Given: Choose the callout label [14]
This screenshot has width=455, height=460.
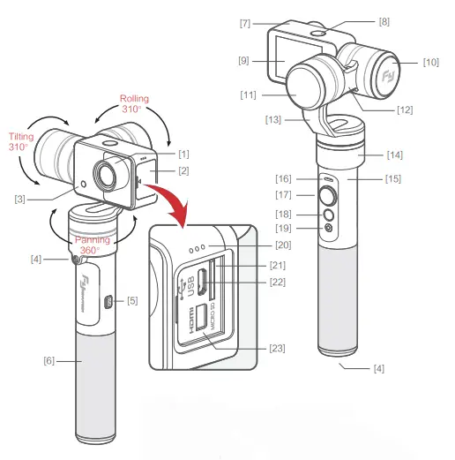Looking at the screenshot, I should [393, 154].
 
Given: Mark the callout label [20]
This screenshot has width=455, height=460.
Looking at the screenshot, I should [283, 245].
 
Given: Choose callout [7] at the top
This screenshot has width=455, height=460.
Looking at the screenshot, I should [244, 21].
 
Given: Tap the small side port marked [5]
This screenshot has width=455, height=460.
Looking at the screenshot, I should [105, 301].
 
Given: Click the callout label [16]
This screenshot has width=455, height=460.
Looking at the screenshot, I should [284, 177].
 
